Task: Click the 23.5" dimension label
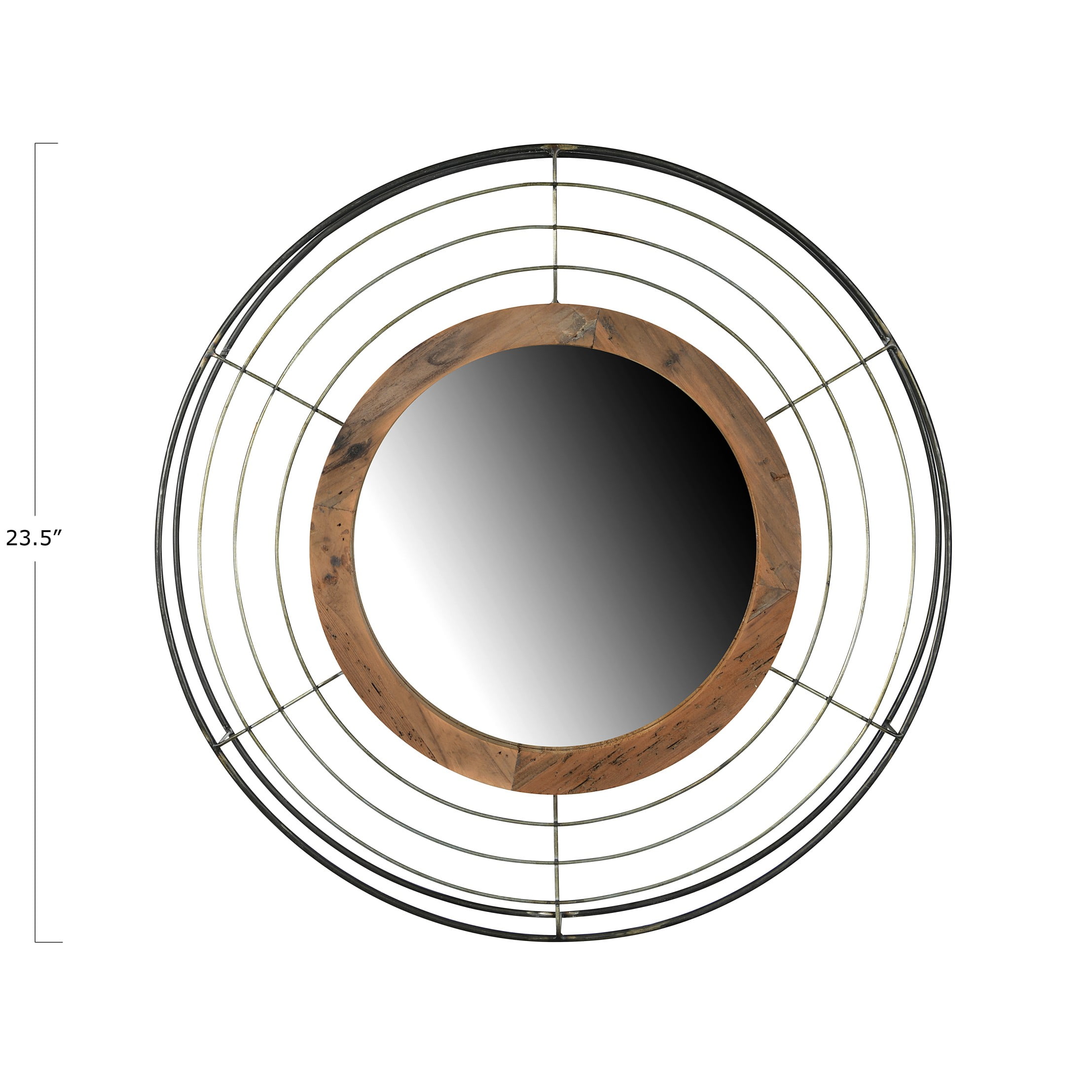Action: pos(32,539)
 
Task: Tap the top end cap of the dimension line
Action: pos(46,143)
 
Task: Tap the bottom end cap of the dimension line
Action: pos(48,942)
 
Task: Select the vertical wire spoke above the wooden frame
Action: pos(554,228)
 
